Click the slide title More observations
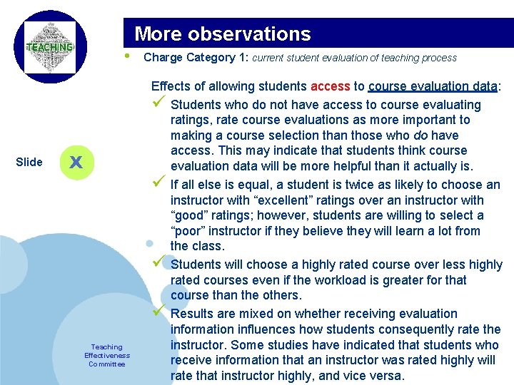[x=223, y=34]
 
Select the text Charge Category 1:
[x=196, y=57]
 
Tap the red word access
[x=331, y=86]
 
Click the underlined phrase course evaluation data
[x=433, y=86]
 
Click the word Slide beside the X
[x=29, y=162]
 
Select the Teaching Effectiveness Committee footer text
[x=107, y=355]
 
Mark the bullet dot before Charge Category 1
[x=126, y=56]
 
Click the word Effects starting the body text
[x=172, y=86]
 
